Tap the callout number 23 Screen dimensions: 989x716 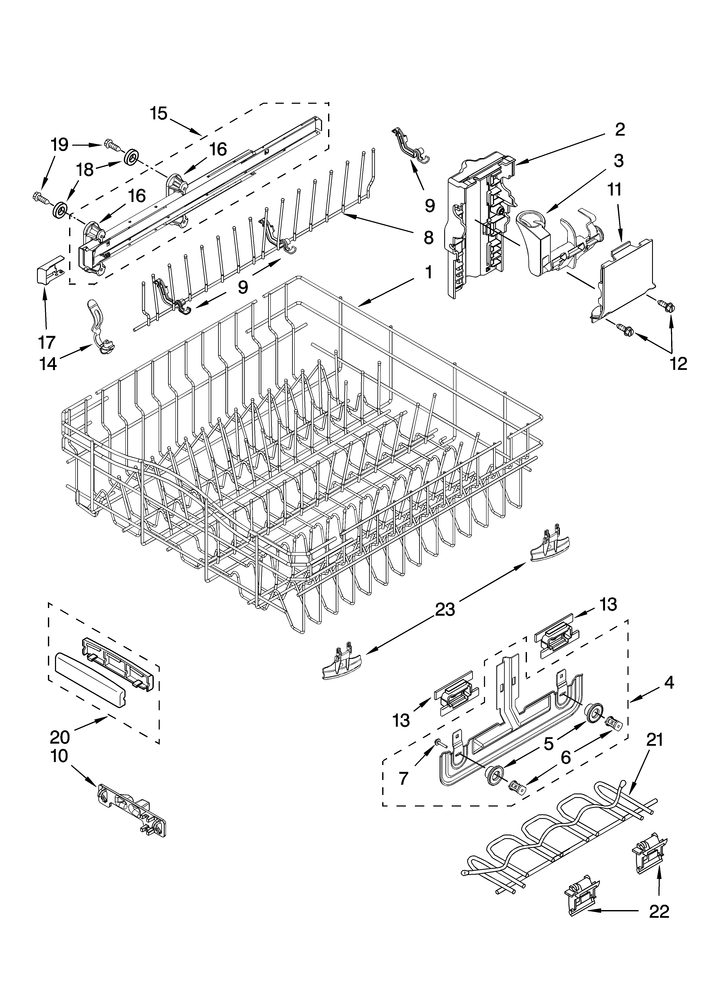click(445, 609)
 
